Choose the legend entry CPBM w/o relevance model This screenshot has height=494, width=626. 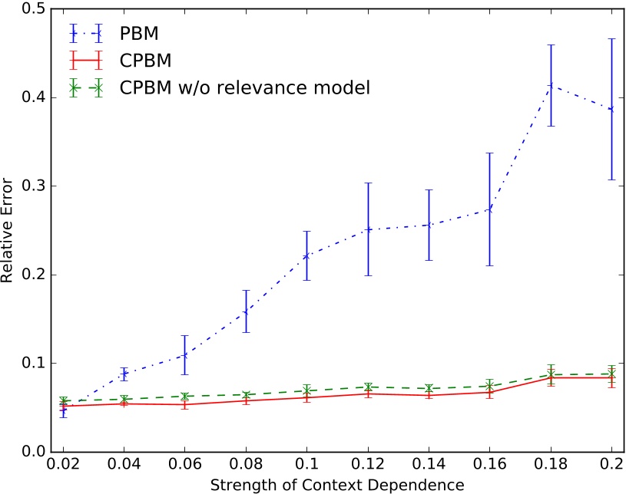coord(244,87)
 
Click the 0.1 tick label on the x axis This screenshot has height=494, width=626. coord(307,465)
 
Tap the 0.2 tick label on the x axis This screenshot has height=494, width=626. coord(612,465)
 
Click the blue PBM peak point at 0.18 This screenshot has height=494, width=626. coord(551,85)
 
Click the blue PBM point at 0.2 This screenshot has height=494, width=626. coord(612,110)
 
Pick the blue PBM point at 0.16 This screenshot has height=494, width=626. coord(490,209)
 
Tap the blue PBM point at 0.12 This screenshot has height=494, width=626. coord(368,229)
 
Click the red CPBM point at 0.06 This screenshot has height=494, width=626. coord(185,404)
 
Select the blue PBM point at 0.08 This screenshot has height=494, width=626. coord(246,311)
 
